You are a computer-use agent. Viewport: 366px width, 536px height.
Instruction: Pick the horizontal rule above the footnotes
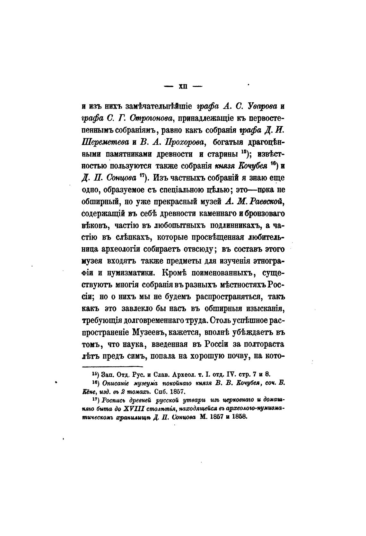pyautogui.click(x=113, y=367)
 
